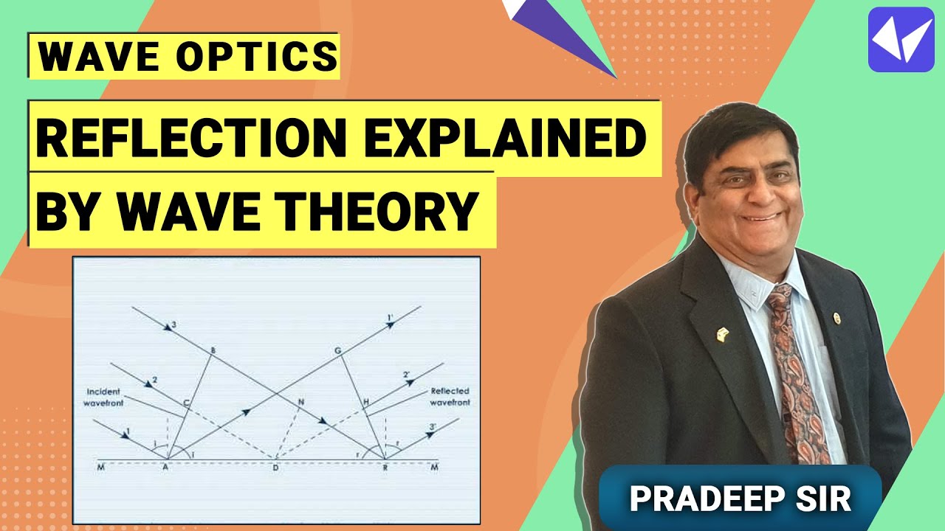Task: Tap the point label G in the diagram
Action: point(337,350)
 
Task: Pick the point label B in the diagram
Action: point(213,350)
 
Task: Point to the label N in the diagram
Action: point(300,402)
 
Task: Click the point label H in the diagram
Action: point(364,401)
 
